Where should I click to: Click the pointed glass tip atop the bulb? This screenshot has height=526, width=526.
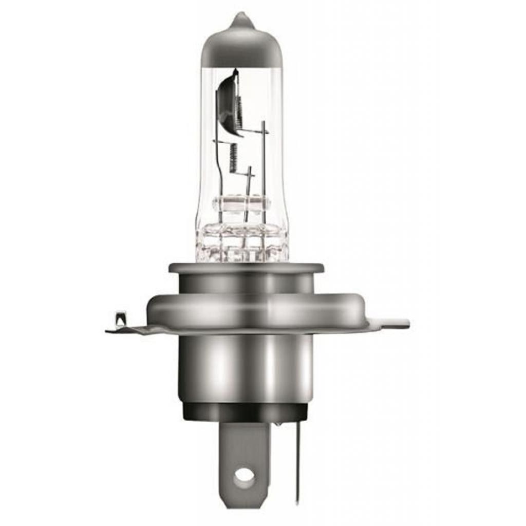click(242, 20)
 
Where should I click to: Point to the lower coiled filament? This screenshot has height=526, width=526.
click(233, 157)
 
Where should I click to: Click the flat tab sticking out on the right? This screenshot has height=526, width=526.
click(396, 324)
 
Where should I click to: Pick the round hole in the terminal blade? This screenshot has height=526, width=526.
click(243, 476)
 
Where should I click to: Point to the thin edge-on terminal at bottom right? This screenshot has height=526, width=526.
click(297, 462)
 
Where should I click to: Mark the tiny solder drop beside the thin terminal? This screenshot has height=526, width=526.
click(277, 424)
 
